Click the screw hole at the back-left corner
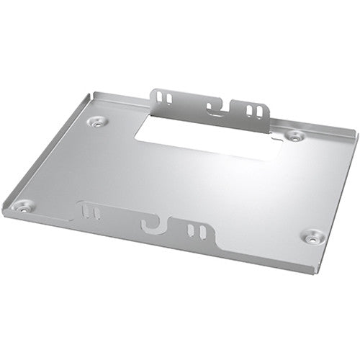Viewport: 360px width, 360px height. pos(96,122)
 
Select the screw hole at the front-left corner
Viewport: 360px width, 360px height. pos(23,207)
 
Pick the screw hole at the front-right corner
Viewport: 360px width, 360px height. pos(312,235)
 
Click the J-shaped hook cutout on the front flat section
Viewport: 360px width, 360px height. pos(153,224)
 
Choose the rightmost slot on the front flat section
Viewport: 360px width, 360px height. pos(203,233)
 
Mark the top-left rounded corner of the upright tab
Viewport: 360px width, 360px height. pos(153,89)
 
